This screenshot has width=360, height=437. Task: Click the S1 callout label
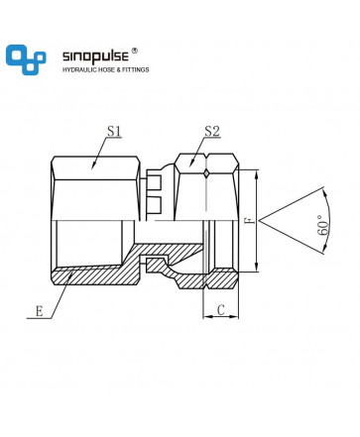114,131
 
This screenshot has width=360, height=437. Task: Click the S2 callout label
212,131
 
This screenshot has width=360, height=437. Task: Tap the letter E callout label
40,311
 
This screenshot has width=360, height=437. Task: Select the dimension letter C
221,310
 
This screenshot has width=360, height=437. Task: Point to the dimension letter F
253,221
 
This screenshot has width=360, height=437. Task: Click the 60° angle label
323,225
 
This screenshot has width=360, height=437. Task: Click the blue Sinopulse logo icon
26,59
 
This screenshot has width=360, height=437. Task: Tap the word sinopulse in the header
95,56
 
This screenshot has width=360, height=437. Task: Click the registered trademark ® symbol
135,51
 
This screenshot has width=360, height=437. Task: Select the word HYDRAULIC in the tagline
79,70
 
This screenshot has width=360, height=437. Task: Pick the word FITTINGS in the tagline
136,70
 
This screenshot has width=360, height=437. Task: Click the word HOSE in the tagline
106,70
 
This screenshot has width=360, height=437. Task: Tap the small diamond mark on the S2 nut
206,174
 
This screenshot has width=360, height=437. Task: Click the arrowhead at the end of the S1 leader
93,165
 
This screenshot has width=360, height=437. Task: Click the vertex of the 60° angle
260,221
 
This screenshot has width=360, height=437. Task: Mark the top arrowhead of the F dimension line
257,173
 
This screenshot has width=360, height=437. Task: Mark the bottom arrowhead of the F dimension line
257,269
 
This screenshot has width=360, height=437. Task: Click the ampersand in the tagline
118,70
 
